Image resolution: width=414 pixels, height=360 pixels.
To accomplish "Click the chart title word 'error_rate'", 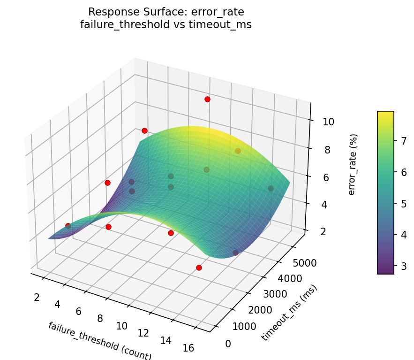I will point(218,12).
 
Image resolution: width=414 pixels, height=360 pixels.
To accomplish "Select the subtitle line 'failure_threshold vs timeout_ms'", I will point(166,25).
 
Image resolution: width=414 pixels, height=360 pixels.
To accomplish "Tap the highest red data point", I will point(207,99).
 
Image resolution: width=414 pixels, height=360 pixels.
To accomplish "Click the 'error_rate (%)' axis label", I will point(352,164).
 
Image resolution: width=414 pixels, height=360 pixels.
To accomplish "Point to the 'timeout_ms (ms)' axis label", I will point(289,313).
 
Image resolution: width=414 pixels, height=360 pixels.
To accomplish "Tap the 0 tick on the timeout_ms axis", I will point(228,344).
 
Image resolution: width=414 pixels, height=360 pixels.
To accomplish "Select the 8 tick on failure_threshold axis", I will point(100,319).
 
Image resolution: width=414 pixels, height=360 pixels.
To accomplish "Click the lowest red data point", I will point(199,268).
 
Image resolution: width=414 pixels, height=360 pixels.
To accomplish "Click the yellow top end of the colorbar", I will point(385,113).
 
